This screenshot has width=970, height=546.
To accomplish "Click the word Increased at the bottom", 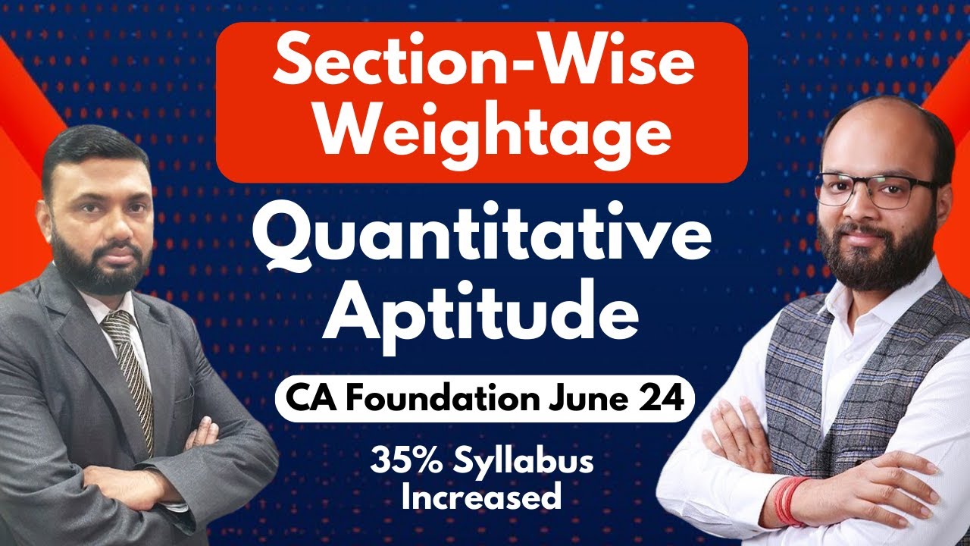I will [482, 497].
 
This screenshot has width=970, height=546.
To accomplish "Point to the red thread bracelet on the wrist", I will [791, 501].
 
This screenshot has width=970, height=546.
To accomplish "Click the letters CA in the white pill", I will [305, 398].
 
